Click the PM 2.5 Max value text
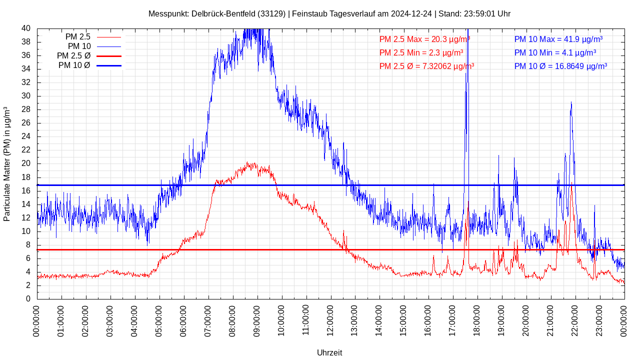[x=424, y=39]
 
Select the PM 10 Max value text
[x=558, y=39]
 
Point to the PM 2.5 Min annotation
[x=421, y=52]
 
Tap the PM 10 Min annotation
[x=555, y=52]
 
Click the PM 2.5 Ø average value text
[x=426, y=66]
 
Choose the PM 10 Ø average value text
[x=560, y=66]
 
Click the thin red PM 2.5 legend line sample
[x=108, y=37]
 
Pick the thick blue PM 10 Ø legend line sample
[x=108, y=65]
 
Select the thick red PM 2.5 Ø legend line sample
[x=108, y=56]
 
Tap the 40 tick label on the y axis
[x=26, y=28]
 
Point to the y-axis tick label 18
[x=26, y=177]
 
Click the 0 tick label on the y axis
[x=28, y=299]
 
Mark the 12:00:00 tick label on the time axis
[x=330, y=320]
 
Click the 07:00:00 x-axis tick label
[x=208, y=320]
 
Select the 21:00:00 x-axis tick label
[x=551, y=320]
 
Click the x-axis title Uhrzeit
[x=329, y=352]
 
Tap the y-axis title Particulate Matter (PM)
[x=7, y=164]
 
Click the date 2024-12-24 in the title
[x=411, y=13]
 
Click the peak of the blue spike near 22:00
[x=571, y=102]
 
